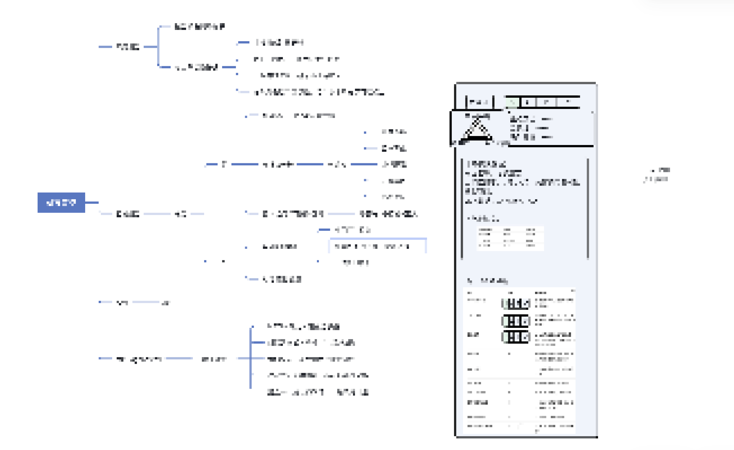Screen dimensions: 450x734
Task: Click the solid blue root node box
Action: (61, 203)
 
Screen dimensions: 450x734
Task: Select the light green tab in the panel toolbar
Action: (512, 102)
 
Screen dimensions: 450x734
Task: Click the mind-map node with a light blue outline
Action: (378, 246)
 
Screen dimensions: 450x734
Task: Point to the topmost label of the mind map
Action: (199, 27)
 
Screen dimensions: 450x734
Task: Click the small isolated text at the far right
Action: (657, 175)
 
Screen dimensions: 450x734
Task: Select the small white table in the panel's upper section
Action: (510, 238)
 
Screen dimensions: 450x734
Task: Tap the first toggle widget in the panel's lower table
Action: (515, 303)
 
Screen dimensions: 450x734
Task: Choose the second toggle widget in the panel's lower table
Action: (515, 321)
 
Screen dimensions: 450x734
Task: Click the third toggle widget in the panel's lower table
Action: (515, 337)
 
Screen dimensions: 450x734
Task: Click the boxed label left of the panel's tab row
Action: (479, 102)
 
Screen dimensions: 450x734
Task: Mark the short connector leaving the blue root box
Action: (92, 203)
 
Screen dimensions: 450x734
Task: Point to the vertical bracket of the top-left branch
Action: (158, 47)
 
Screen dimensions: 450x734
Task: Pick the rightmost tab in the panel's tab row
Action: (568, 102)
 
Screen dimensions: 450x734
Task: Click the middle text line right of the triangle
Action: (530, 128)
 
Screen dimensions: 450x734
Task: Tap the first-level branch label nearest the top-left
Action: (128, 47)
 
